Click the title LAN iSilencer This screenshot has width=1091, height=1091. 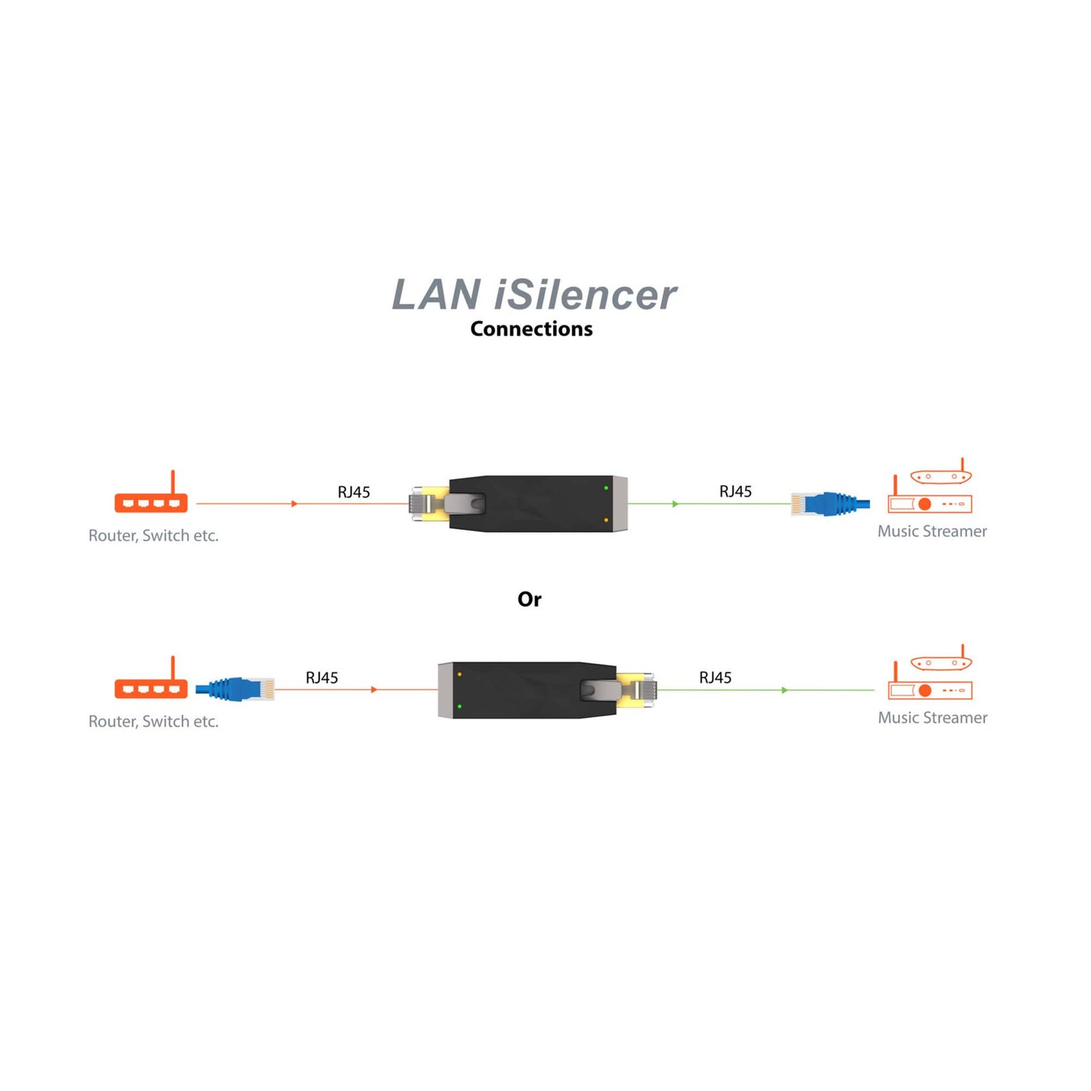(x=534, y=295)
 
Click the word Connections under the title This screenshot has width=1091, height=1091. (x=531, y=329)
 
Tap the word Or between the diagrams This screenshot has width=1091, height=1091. (x=529, y=599)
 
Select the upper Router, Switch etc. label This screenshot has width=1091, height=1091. (x=153, y=536)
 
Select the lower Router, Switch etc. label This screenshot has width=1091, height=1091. (x=153, y=721)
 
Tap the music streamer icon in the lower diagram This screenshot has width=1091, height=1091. (x=931, y=676)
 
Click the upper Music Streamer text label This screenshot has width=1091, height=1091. (x=932, y=531)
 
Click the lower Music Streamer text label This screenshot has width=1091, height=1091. (x=932, y=717)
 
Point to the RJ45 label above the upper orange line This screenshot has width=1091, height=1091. (x=354, y=492)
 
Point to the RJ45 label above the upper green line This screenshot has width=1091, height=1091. (x=735, y=492)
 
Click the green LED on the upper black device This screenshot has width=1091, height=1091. (x=606, y=488)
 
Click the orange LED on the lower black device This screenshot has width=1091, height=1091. (x=460, y=674)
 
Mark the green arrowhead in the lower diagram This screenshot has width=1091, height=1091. (x=785, y=690)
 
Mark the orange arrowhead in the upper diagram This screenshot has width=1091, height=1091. (x=295, y=504)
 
